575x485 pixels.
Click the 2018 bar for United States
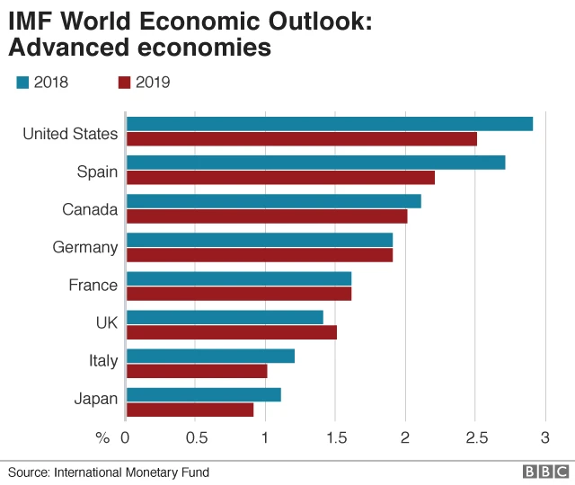[329, 124]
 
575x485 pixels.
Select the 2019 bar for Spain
[280, 178]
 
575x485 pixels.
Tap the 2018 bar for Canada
[273, 201]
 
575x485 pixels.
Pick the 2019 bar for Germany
[260, 255]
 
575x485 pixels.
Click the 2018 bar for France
[239, 278]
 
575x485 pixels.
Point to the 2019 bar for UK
[232, 332]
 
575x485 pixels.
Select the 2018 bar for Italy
[210, 356]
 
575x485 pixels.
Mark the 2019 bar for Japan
[190, 410]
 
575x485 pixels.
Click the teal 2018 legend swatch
[22, 83]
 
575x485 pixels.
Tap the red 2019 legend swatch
[125, 83]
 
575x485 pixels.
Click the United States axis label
[70, 134]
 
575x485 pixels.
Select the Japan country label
[96, 399]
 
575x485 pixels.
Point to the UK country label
[105, 322]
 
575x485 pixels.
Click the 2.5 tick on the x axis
[476, 436]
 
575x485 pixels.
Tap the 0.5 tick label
[196, 436]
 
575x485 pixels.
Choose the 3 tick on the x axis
[544, 436]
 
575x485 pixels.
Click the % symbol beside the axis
[102, 436]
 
